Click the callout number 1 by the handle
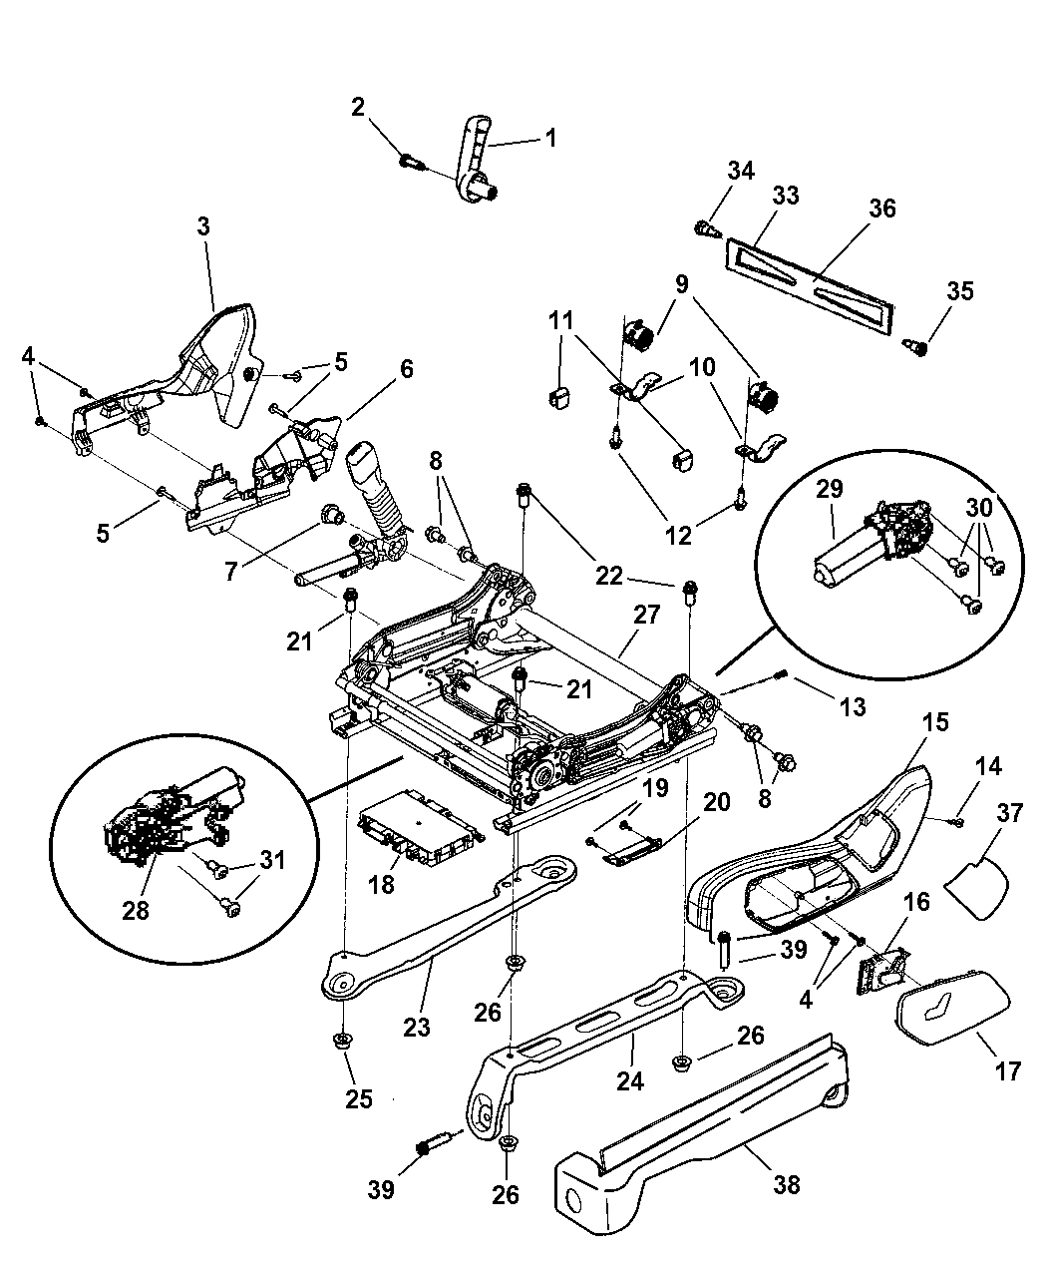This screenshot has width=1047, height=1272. (549, 138)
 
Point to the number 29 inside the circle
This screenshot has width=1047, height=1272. (830, 490)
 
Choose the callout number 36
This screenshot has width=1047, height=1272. (881, 209)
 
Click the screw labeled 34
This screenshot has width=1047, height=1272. (704, 229)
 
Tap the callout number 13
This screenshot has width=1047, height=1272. (852, 707)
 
